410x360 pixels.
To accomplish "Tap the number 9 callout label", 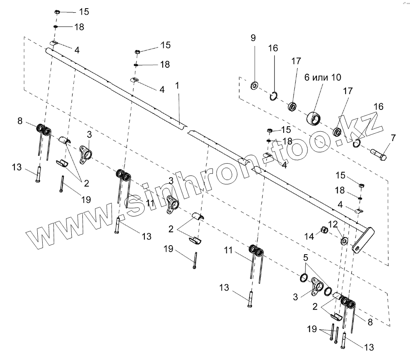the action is [x=253, y=38].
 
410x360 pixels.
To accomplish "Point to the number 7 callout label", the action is [x=393, y=137].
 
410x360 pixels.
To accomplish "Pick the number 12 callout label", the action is [x=333, y=224].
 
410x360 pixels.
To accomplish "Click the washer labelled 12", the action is [x=343, y=239].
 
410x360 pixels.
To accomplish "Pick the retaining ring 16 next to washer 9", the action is [x=274, y=96].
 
